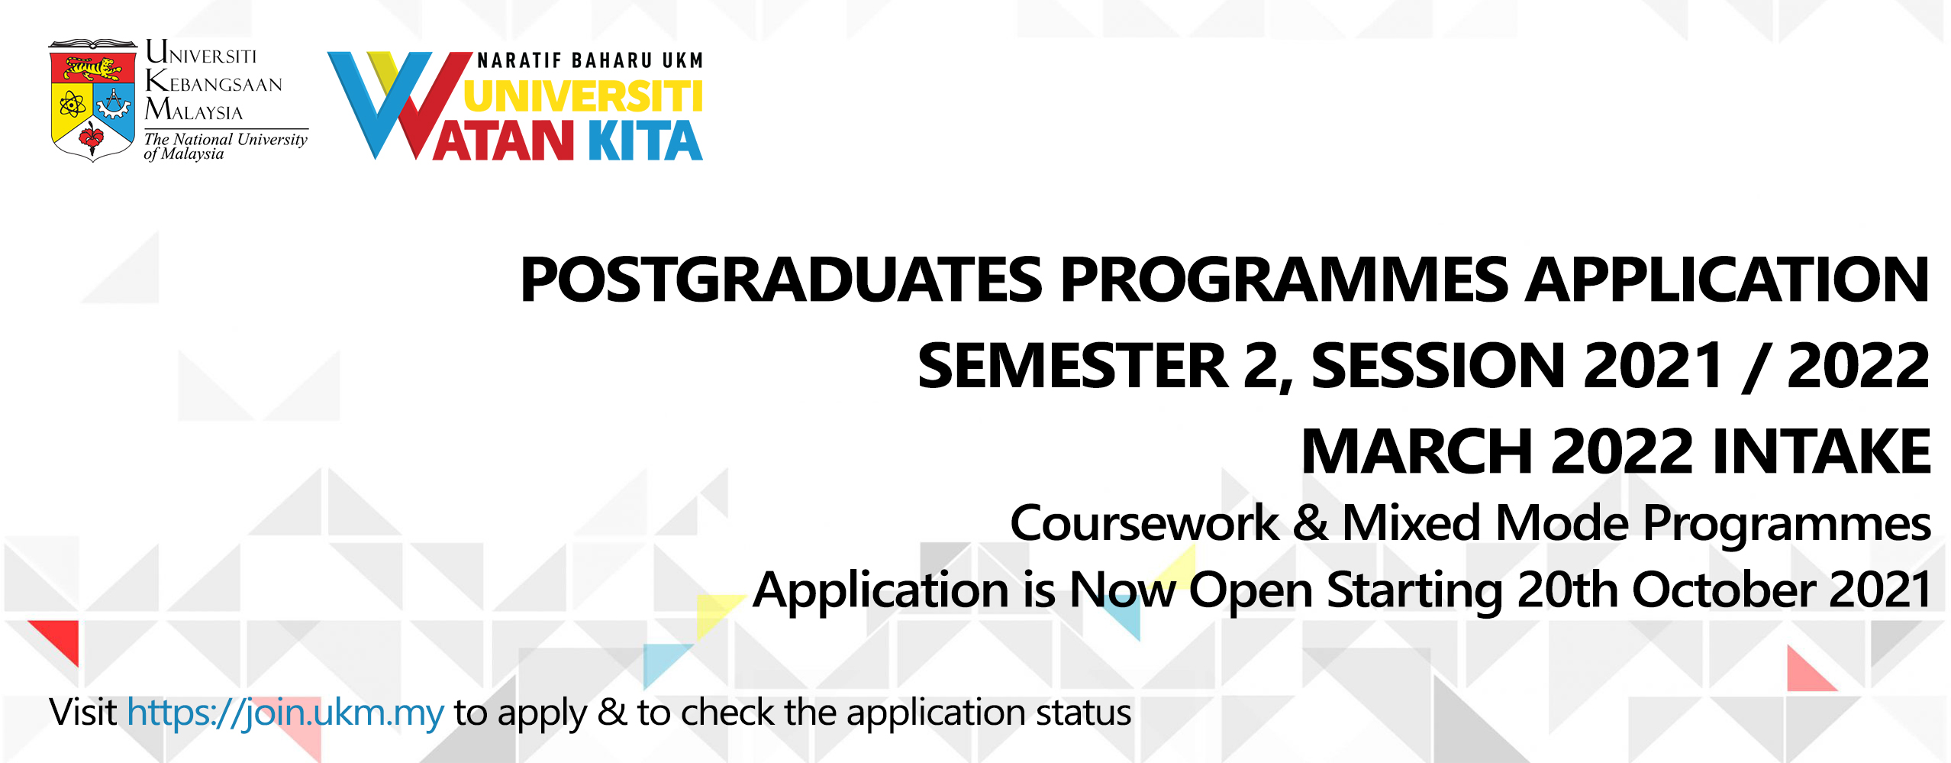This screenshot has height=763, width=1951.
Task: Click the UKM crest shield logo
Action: coord(93,100)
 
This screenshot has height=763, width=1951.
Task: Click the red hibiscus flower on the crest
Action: coord(92,137)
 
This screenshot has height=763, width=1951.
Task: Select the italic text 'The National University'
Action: coord(226,139)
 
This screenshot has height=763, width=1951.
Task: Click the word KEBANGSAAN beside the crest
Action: coord(214,81)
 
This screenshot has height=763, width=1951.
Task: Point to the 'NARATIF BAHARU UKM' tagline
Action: coord(590,60)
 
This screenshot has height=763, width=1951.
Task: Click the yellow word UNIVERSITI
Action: coord(583,96)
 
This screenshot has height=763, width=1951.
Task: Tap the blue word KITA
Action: coord(644,141)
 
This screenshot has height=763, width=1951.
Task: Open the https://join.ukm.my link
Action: coord(285,713)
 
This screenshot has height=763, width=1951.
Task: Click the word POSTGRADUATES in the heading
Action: coord(781,280)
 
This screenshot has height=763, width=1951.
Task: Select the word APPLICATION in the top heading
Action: coord(1727,280)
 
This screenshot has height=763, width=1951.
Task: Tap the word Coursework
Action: coord(1144,523)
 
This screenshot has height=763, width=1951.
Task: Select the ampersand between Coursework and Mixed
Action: coord(1310,523)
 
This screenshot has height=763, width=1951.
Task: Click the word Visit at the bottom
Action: coord(83,712)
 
